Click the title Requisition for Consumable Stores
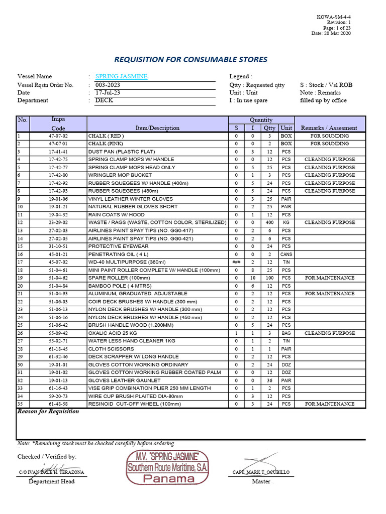click(191, 60)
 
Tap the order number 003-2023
click(108, 85)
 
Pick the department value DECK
click(104, 100)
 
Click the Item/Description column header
click(157, 128)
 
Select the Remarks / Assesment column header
click(329, 128)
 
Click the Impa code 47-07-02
click(58, 136)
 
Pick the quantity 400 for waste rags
click(270, 222)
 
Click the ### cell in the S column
click(236, 262)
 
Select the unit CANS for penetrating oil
click(286, 254)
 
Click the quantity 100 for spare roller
click(270, 278)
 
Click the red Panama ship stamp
click(168, 467)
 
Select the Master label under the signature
click(261, 481)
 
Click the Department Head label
click(51, 481)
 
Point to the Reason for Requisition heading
click(48, 411)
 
